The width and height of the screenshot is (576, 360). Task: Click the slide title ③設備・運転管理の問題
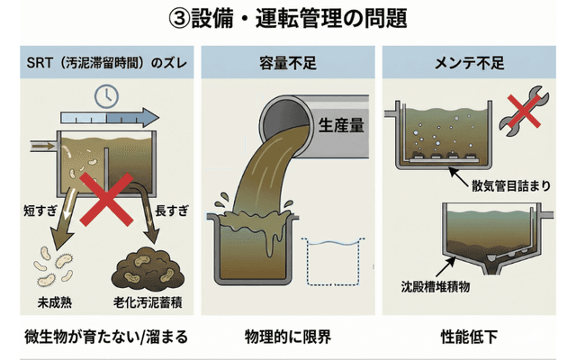[288, 19]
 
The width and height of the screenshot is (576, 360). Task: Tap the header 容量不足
[288, 64]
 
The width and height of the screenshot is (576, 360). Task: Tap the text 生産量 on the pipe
[341, 125]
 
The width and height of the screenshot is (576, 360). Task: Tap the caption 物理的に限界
[288, 337]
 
